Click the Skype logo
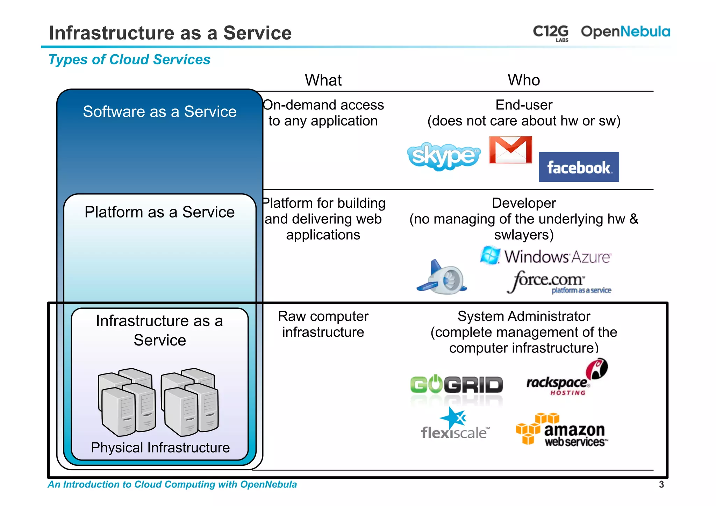(443, 156)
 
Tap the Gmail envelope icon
(510, 150)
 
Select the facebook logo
(579, 167)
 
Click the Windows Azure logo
(545, 256)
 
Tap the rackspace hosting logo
(566, 379)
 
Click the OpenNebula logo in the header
(625, 31)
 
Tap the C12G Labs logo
(551, 33)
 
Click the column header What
(323, 80)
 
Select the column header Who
(524, 80)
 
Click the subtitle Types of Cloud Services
(129, 59)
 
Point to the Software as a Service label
(160, 112)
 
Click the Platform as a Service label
(160, 212)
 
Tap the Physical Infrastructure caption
(160, 448)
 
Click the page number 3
(661, 484)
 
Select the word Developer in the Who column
(524, 203)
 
